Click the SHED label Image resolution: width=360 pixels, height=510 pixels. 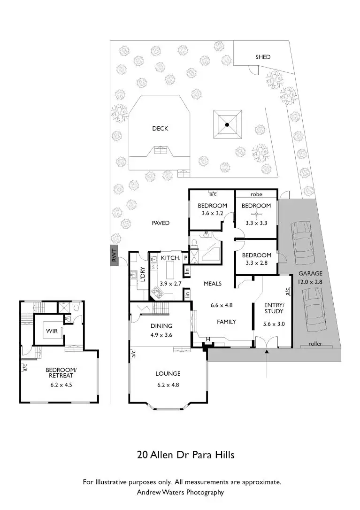point(263,57)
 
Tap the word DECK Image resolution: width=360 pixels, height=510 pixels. point(160,128)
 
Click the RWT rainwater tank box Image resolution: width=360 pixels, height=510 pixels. point(114,256)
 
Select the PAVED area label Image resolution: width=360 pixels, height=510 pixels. point(160,223)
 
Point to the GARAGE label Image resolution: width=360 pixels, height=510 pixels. point(310,273)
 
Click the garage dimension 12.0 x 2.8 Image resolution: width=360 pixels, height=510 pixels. point(310,282)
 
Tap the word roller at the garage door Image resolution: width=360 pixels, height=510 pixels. point(315,344)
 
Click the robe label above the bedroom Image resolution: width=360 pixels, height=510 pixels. point(256,194)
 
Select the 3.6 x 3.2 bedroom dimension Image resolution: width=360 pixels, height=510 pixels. point(212,213)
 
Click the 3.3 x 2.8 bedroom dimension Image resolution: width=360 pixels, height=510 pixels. point(256,263)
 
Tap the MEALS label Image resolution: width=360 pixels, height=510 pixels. point(213,284)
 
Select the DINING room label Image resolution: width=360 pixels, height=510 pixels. point(161,326)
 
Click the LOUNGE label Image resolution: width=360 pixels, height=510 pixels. point(168,374)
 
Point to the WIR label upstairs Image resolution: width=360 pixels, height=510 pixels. point(52,331)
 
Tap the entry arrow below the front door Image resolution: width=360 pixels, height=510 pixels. point(267,366)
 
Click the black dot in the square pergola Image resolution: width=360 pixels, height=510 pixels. point(227,125)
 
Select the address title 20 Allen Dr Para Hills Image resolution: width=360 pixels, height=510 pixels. point(185,455)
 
